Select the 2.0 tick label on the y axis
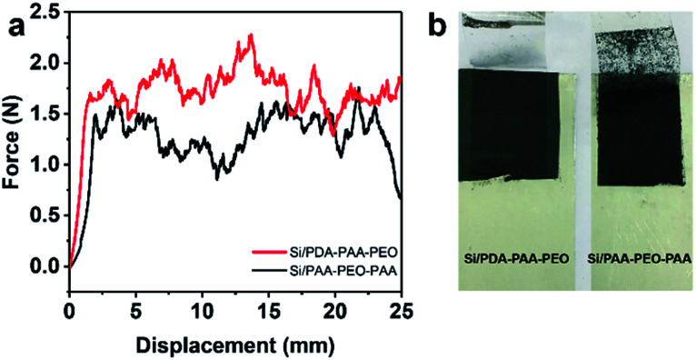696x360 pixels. (47, 63)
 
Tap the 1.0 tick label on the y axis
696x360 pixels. (47, 165)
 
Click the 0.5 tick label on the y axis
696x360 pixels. (47, 215)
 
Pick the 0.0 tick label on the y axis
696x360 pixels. (47, 266)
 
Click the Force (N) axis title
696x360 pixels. (13, 141)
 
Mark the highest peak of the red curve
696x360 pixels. (250, 35)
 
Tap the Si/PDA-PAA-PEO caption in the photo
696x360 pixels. (515, 261)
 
